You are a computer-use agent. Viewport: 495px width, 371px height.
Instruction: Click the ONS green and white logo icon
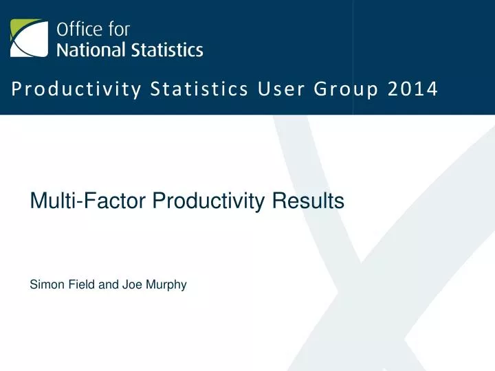click(x=29, y=38)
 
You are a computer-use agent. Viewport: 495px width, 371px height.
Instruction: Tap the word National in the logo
click(x=90, y=49)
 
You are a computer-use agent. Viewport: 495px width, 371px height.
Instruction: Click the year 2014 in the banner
click(x=415, y=89)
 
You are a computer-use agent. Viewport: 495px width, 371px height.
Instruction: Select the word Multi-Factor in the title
click(x=89, y=201)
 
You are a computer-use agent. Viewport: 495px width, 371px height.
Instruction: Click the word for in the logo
click(x=117, y=30)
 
